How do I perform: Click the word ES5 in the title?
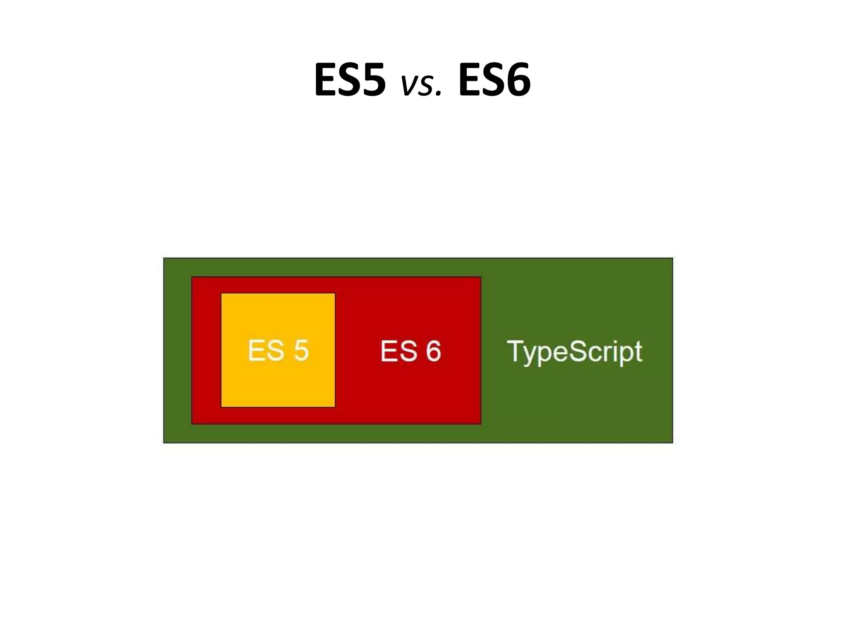350,80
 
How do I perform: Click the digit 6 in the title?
516,80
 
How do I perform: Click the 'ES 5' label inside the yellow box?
278,351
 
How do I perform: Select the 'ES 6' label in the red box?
410,351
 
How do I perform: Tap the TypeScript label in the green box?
574,352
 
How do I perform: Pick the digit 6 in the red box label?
433,351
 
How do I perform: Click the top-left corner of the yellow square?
222,294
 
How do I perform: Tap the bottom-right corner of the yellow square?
335,407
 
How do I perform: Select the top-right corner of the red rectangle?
481,277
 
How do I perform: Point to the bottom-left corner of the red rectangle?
192,423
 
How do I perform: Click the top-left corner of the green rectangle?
164,258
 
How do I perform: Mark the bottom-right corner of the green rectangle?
672,443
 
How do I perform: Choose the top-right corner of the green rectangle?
672,258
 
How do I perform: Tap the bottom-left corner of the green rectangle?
164,443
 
